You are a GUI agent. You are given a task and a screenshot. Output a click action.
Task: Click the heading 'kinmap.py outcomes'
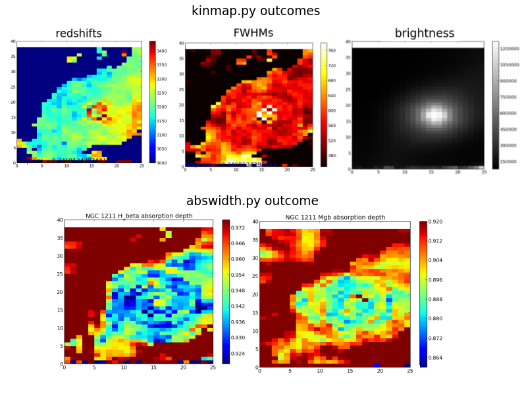click(255, 11)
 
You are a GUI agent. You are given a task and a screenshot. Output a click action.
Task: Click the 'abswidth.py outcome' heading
click(252, 201)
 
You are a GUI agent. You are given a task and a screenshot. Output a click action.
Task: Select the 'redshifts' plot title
click(78, 34)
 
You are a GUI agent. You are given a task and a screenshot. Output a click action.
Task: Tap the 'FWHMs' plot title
click(253, 34)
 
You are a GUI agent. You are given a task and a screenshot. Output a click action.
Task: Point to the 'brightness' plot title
click(424, 34)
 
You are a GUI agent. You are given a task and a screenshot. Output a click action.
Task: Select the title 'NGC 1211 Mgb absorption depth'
click(335, 217)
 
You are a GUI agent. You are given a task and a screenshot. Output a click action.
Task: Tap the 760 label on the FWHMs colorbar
click(332, 50)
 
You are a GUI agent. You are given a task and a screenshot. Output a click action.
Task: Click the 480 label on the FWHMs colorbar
click(332, 155)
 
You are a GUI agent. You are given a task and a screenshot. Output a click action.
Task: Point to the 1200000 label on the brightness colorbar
click(511, 49)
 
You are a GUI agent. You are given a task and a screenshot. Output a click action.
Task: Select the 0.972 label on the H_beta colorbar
click(238, 227)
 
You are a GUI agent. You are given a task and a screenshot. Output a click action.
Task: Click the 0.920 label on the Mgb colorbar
click(435, 222)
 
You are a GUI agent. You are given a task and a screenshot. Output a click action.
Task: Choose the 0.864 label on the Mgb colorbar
click(435, 359)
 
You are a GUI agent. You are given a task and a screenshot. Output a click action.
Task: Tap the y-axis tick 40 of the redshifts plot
click(13, 41)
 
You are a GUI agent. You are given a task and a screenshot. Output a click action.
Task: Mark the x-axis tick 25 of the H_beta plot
click(213, 368)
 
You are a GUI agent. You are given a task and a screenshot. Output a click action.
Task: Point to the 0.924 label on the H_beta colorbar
click(238, 353)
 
